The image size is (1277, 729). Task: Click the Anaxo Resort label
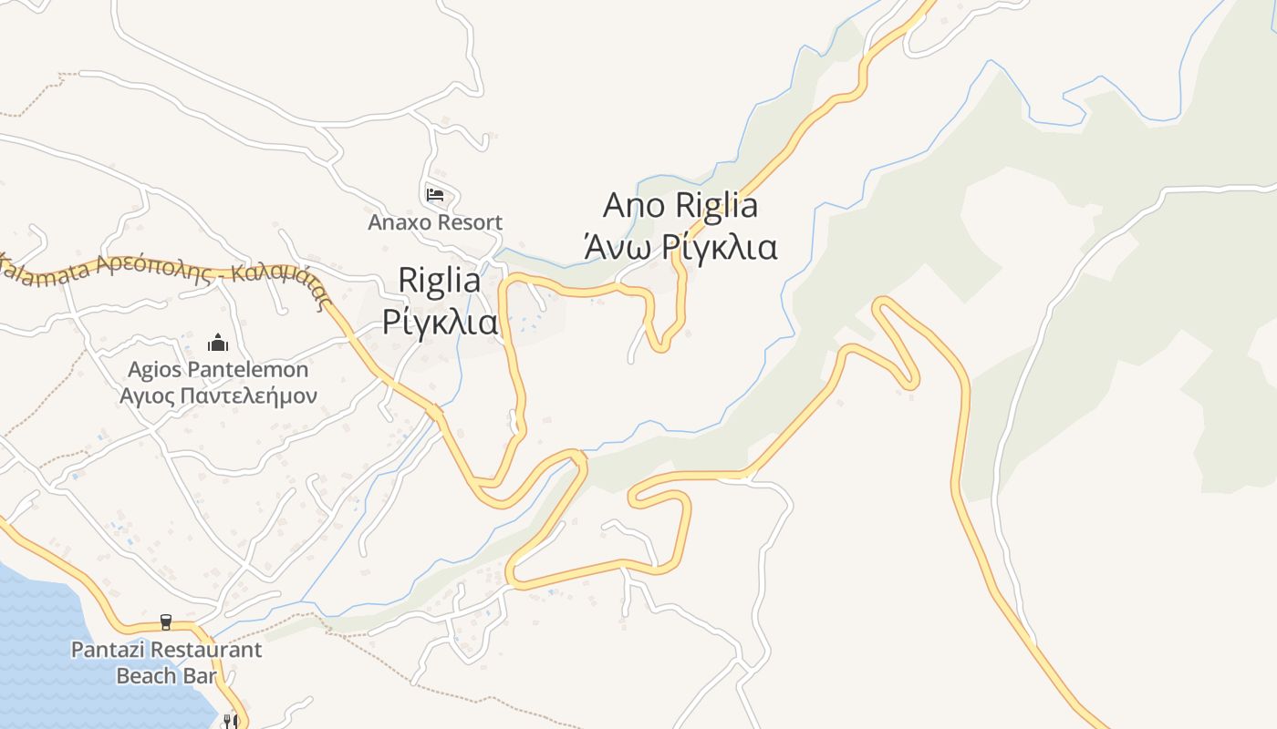click(x=435, y=222)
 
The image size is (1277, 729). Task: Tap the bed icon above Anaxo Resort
click(x=435, y=194)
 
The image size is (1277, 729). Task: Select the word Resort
click(x=470, y=222)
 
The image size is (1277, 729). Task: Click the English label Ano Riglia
click(x=680, y=205)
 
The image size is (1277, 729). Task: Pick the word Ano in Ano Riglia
click(x=635, y=205)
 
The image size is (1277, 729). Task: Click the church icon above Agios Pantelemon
click(x=218, y=344)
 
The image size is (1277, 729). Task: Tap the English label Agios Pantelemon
click(x=218, y=370)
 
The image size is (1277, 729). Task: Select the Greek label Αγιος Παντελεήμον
click(x=218, y=395)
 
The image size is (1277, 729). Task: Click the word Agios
click(x=155, y=370)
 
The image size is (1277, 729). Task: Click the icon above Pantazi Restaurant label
click(x=166, y=622)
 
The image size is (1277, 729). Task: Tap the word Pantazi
click(x=109, y=650)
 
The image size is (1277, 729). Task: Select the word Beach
click(x=147, y=675)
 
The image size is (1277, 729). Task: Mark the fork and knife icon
click(x=230, y=721)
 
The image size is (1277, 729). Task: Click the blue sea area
click(x=55, y=656)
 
